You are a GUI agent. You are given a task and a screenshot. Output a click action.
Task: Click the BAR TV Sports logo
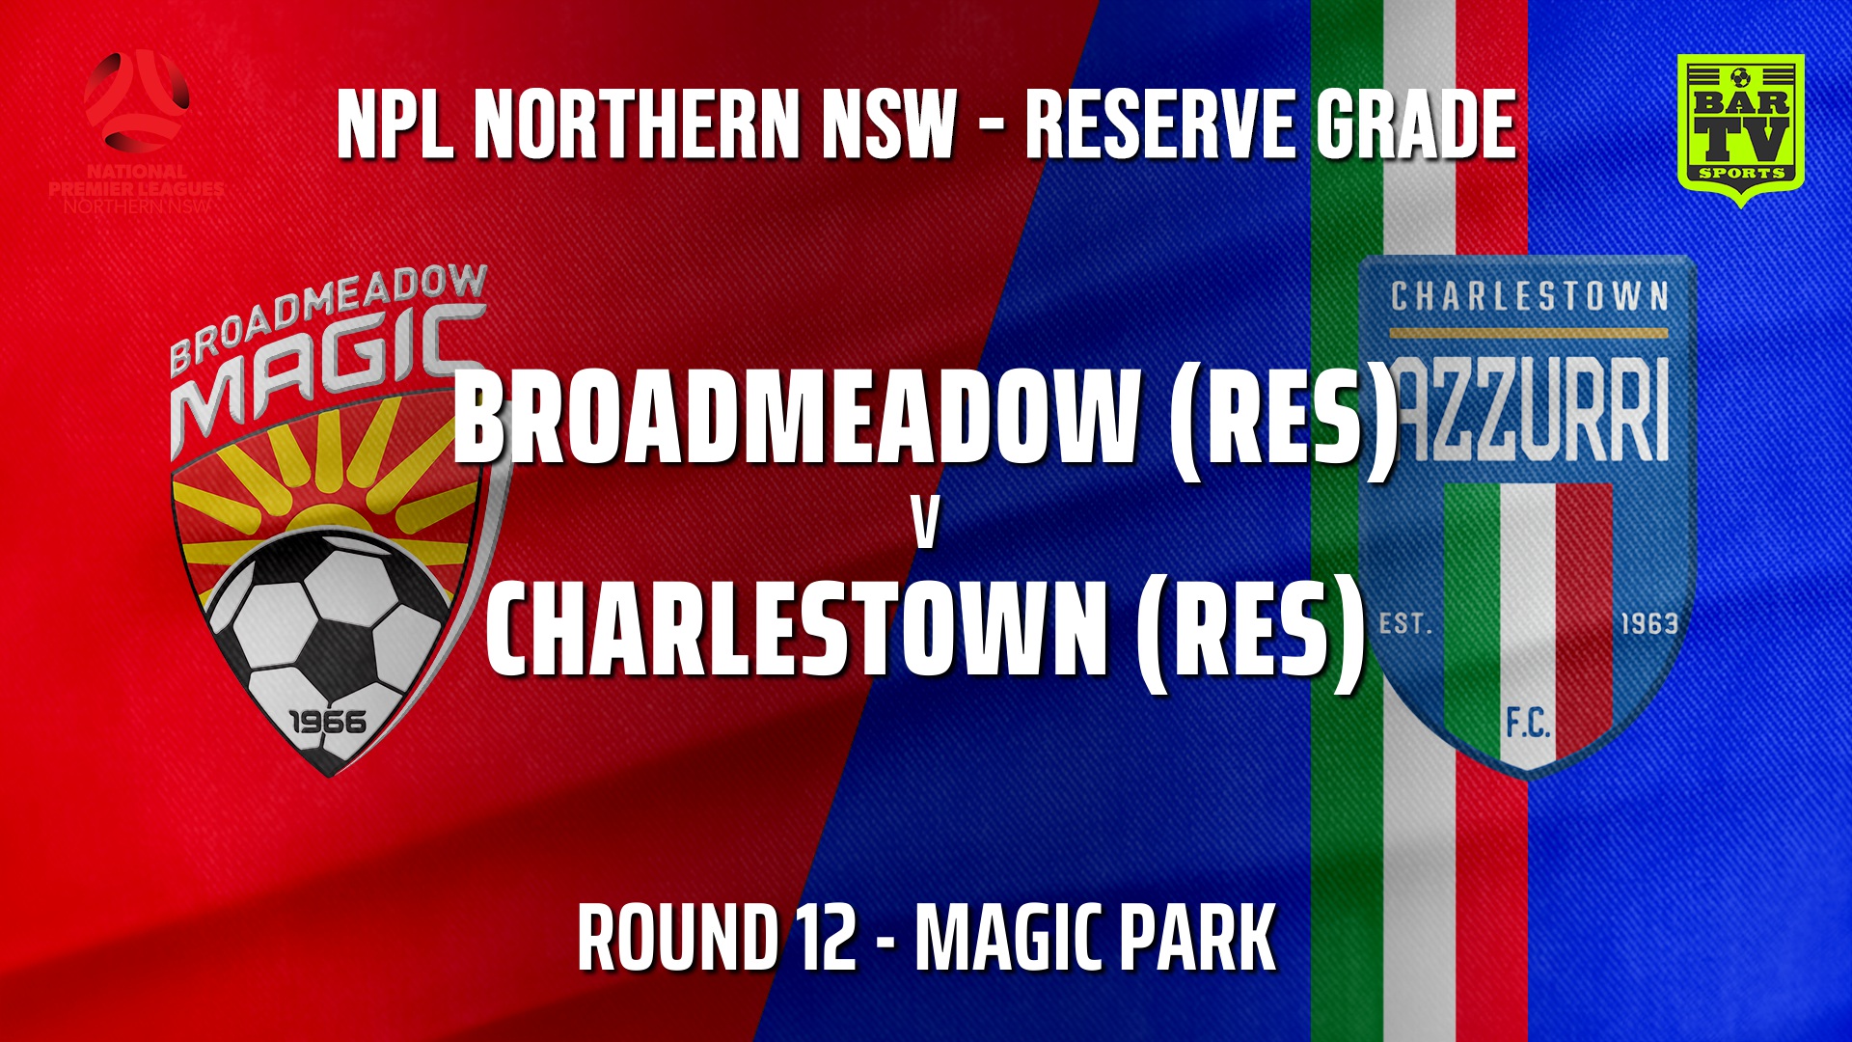click(1741, 128)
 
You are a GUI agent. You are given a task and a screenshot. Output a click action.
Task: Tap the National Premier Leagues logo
click(136, 130)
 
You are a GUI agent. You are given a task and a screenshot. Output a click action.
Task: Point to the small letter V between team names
click(925, 526)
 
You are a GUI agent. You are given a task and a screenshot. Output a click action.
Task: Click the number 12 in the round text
click(827, 938)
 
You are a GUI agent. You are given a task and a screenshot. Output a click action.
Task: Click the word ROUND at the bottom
click(677, 938)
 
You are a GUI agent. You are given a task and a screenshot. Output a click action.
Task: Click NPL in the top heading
click(395, 123)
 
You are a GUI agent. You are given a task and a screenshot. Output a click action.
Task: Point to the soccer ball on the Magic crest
click(323, 617)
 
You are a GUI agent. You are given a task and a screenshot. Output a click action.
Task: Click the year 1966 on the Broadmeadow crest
click(328, 722)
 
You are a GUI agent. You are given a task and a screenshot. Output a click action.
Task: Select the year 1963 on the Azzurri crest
click(1648, 624)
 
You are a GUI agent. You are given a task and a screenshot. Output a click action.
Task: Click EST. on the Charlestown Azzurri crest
click(1406, 624)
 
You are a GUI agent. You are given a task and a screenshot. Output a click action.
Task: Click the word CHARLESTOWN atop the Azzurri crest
click(1529, 296)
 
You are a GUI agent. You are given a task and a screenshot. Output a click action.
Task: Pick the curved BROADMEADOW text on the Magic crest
click(328, 314)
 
